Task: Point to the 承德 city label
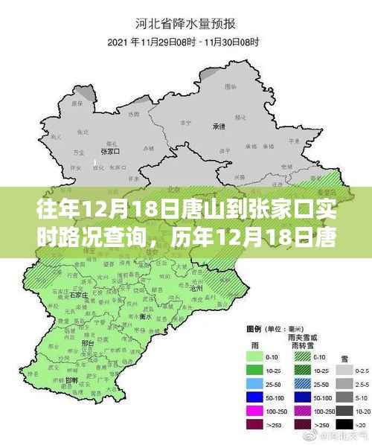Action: click(x=219, y=126)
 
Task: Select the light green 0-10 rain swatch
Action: click(x=253, y=356)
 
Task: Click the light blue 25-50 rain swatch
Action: click(x=253, y=383)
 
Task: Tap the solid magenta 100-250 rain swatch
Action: click(x=253, y=410)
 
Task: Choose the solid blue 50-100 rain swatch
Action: click(x=253, y=397)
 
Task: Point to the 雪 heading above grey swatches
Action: click(x=345, y=344)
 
